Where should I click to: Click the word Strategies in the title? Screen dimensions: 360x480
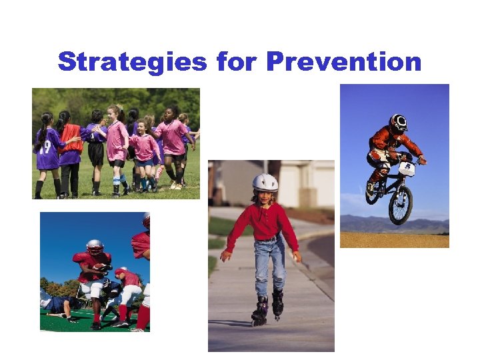pos(133,62)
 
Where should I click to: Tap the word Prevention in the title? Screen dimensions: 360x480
pos(344,62)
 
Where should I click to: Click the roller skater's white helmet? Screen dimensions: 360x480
pos(265,182)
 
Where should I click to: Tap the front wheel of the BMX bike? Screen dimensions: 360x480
pos(400,205)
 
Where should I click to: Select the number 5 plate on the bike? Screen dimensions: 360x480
pos(407,169)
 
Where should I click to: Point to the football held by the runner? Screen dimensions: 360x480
pos(102,267)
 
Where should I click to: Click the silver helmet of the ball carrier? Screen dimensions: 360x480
pos(95,247)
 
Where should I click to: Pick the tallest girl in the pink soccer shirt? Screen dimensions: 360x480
pos(174,137)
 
